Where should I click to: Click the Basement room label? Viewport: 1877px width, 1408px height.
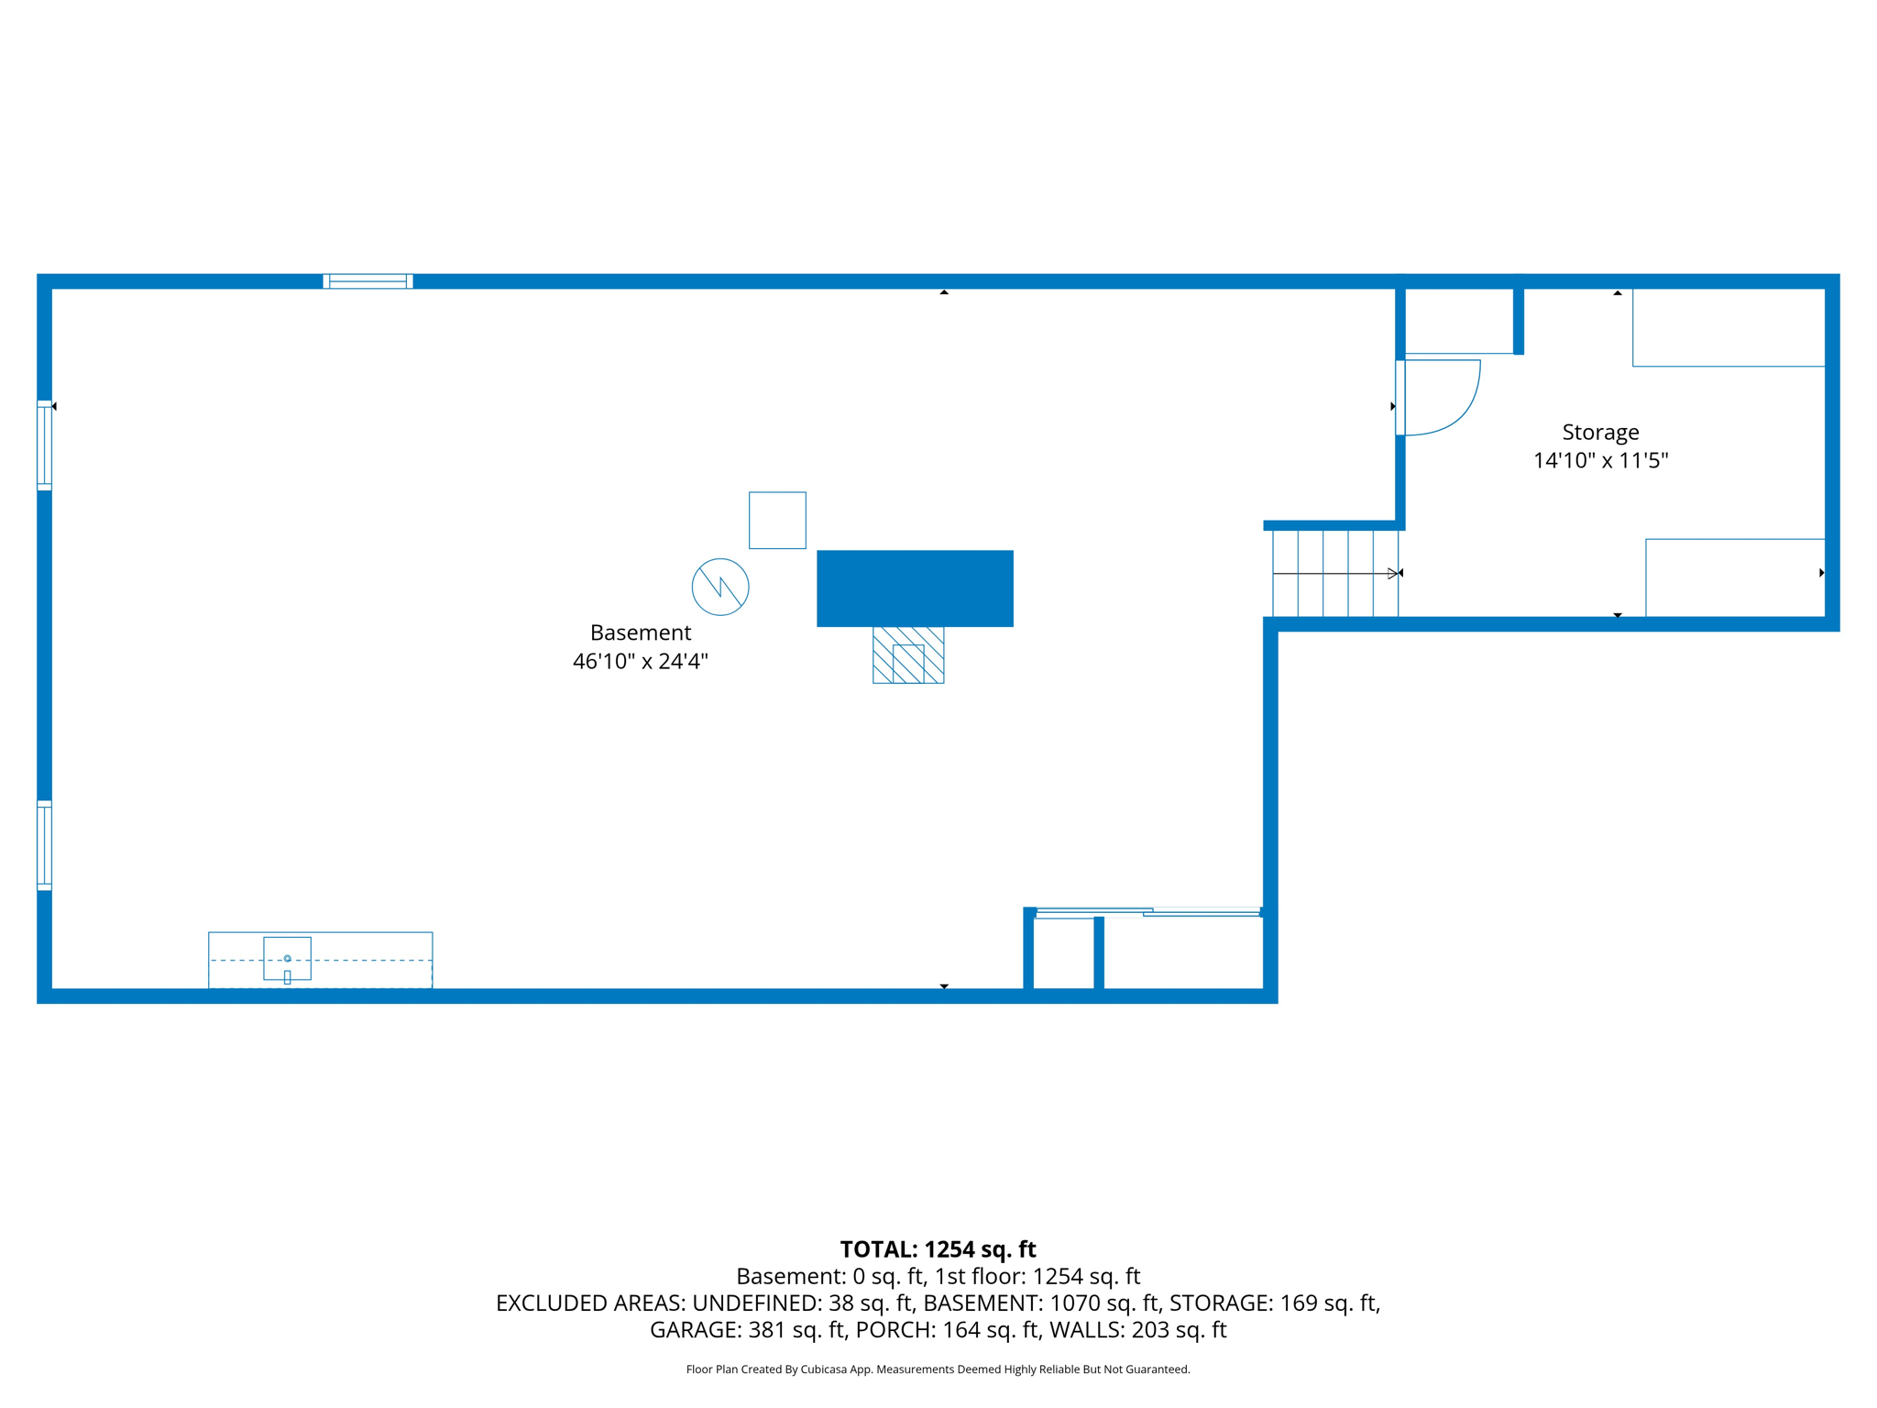pyautogui.click(x=640, y=632)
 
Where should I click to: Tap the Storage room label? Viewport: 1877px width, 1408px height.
pyautogui.click(x=1600, y=432)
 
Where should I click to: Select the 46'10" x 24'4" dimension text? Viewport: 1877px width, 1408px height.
pyautogui.click(x=640, y=661)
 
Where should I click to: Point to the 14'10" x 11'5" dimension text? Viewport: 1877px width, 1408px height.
pyautogui.click(x=1600, y=460)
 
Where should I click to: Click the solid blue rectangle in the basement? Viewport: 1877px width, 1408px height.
pyautogui.click(x=915, y=588)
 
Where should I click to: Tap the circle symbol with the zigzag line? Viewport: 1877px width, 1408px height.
pyautogui.click(x=720, y=587)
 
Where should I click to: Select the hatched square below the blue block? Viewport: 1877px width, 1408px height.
pyautogui.click(x=908, y=655)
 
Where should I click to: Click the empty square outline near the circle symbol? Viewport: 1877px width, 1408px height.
pyautogui.click(x=777, y=521)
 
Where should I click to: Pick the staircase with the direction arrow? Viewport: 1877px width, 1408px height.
pyautogui.click(x=1334, y=574)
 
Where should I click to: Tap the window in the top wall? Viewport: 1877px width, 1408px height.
pyautogui.click(x=368, y=281)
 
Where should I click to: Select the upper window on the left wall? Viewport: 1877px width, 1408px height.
pyautogui.click(x=44, y=445)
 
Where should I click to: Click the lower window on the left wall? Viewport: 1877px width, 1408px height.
pyautogui.click(x=44, y=845)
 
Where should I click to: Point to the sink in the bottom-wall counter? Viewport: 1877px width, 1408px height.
pyautogui.click(x=287, y=959)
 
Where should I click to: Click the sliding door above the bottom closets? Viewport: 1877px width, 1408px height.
pyautogui.click(x=1147, y=912)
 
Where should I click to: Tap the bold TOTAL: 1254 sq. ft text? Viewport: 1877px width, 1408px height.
pyautogui.click(x=938, y=1249)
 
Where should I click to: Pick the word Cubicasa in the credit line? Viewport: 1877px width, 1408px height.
pyautogui.click(x=823, y=1369)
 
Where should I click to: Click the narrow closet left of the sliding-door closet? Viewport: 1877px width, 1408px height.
pyautogui.click(x=1063, y=953)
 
